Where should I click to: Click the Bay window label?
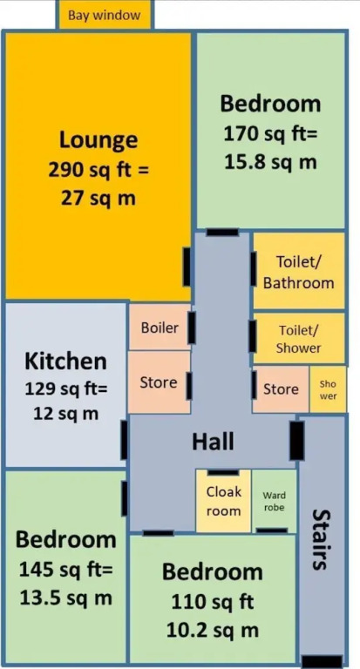click(x=105, y=16)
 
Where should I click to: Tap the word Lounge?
click(x=98, y=140)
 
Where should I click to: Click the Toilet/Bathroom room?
click(x=299, y=271)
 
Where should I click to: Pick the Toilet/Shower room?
click(x=299, y=339)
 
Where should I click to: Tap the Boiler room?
click(x=160, y=327)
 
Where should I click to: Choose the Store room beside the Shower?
click(x=281, y=389)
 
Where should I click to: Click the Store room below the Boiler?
click(x=159, y=382)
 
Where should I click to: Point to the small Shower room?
click(x=328, y=389)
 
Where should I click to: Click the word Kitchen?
click(x=65, y=362)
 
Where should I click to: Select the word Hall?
click(x=213, y=442)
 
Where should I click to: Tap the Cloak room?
click(x=223, y=501)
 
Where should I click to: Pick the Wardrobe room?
click(x=275, y=501)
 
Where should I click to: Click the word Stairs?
click(x=320, y=539)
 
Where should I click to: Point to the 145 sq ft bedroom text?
click(x=65, y=569)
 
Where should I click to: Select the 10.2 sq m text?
click(x=212, y=630)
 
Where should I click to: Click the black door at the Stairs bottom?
click(x=322, y=661)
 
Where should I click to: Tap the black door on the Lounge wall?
click(x=187, y=267)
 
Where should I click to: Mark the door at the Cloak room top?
click(x=223, y=472)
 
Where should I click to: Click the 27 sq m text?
click(x=98, y=198)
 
